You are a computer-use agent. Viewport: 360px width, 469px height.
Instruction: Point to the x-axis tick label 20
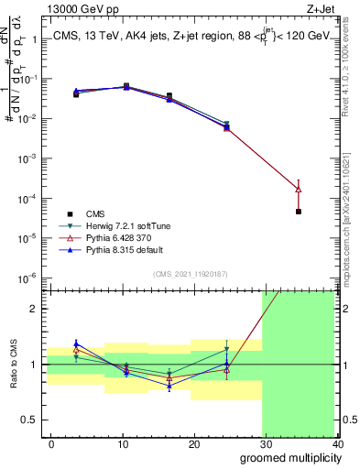tap(194, 443)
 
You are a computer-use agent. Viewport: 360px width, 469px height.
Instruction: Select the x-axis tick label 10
tap(123, 443)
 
